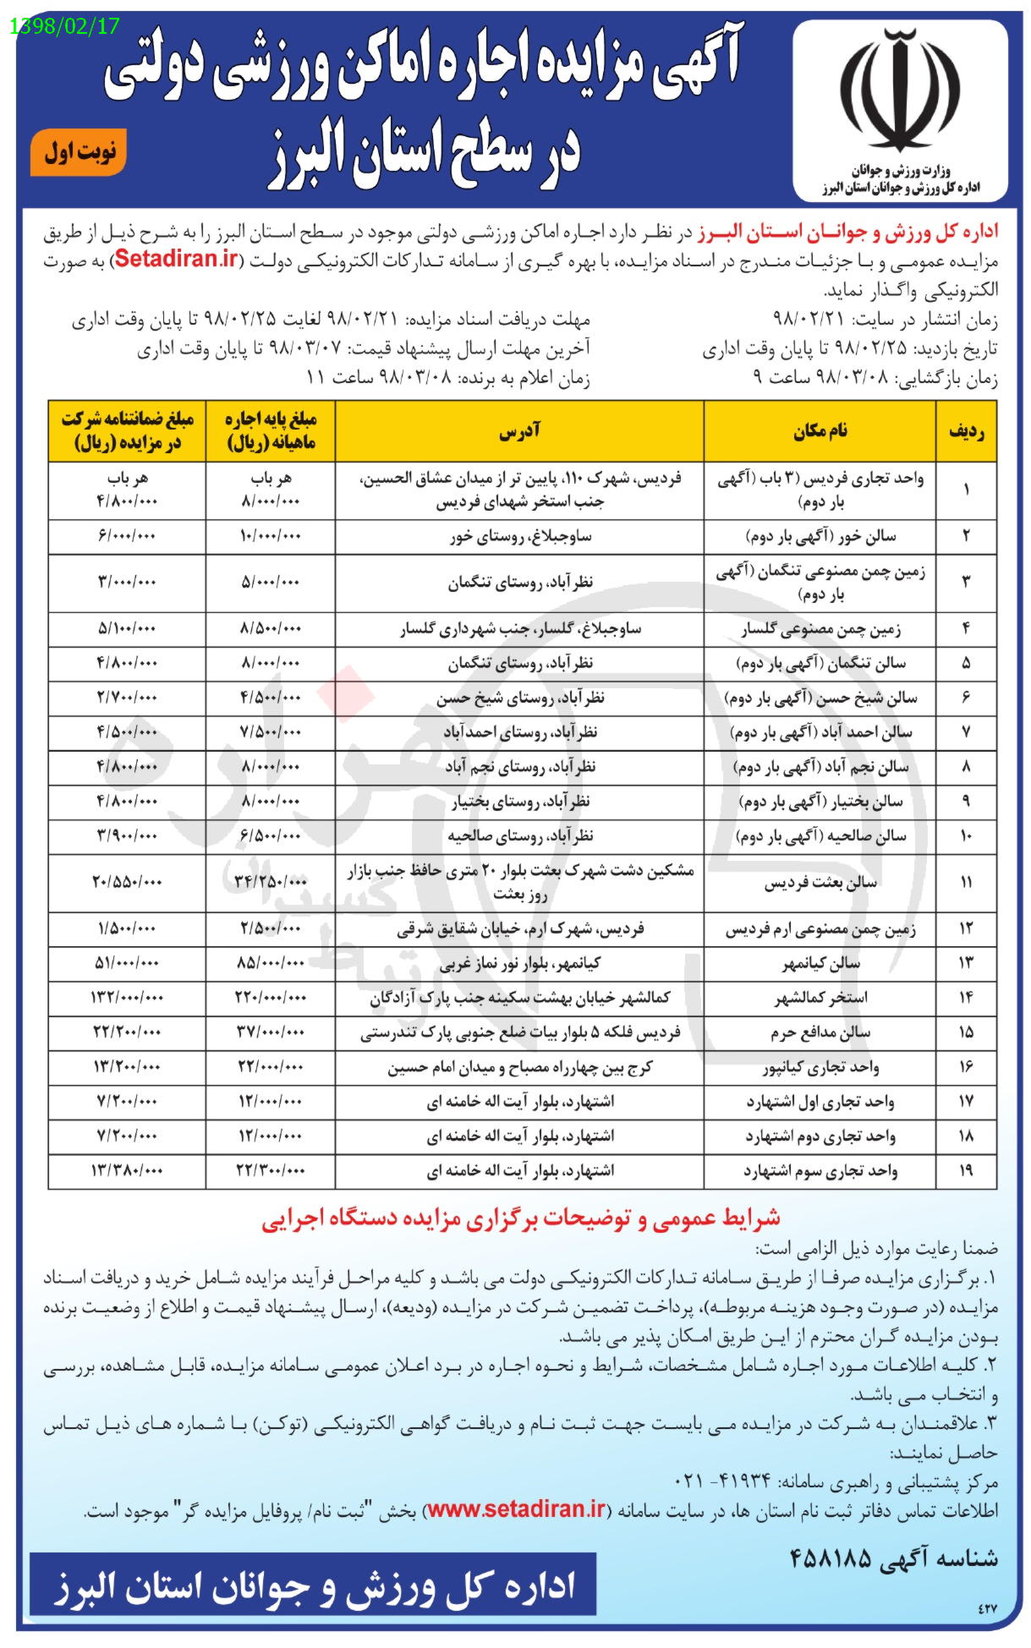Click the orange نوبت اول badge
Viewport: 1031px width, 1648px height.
tap(79, 152)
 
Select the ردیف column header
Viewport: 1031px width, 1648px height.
tap(966, 431)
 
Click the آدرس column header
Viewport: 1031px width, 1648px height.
tap(519, 431)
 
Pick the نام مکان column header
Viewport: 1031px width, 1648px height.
tap(820, 431)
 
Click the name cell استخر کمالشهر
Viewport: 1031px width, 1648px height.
tap(820, 998)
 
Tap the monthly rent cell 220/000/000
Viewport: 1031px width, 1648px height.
tap(271, 998)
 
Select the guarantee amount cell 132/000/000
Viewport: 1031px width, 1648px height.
tap(127, 998)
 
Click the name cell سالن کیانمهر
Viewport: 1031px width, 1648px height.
tap(820, 963)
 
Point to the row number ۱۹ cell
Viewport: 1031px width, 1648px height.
tap(966, 1171)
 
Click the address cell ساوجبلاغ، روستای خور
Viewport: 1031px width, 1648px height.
tap(519, 536)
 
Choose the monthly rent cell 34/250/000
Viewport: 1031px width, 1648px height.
tap(271, 882)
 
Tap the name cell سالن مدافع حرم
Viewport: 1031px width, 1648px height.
tap(820, 1032)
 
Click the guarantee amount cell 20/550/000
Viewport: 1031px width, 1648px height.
tap(127, 882)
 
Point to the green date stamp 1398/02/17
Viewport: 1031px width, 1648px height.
tap(66, 26)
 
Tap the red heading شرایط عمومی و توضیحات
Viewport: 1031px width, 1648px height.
tap(519, 1218)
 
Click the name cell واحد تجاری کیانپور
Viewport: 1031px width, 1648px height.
tap(820, 1067)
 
